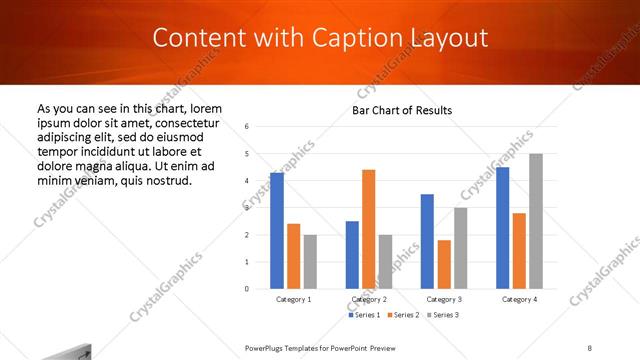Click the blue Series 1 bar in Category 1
(x=277, y=230)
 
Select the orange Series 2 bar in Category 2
(x=369, y=229)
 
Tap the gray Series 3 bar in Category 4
(x=536, y=221)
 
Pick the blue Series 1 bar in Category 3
(x=427, y=241)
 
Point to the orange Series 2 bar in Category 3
(x=444, y=264)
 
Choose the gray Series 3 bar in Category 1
(x=310, y=261)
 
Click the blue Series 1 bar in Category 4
(x=502, y=228)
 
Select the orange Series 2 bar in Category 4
(x=519, y=250)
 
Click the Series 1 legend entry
(x=364, y=315)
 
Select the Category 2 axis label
(x=369, y=299)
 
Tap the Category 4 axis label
(x=519, y=299)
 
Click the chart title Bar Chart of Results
(x=402, y=110)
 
